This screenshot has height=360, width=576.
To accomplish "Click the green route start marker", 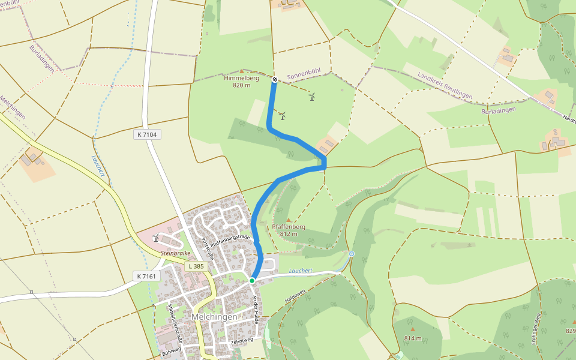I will click(x=252, y=280).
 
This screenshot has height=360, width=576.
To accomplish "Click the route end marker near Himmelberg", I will click(x=274, y=79).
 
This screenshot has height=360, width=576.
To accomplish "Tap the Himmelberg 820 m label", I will click(x=241, y=82).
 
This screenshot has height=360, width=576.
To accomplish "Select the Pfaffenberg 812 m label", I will click(x=289, y=230).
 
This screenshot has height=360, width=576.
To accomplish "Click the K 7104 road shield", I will click(x=146, y=135).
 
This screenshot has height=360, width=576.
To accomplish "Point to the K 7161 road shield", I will click(x=146, y=276).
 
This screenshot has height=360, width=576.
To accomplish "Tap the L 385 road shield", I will click(x=195, y=266).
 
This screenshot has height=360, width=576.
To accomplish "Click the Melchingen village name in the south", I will click(x=214, y=316).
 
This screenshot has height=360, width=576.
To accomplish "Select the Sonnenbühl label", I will click(x=304, y=74).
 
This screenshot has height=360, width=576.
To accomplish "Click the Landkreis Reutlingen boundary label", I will click(x=445, y=86).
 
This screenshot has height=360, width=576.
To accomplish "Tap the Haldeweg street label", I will click(x=295, y=295).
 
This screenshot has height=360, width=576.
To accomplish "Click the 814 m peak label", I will click(x=413, y=338).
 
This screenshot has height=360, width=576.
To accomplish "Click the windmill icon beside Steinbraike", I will click(x=156, y=238).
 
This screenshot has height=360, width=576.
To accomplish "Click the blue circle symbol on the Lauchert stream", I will click(x=352, y=254).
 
